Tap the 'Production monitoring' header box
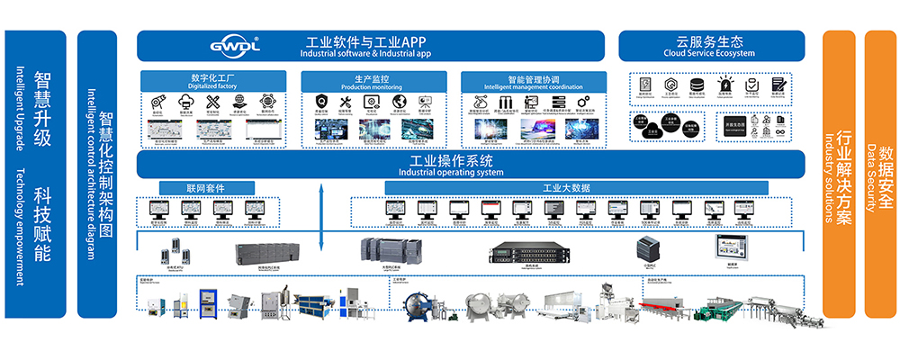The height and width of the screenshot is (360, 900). tap(372, 81)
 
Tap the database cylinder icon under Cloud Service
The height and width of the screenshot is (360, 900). tap(696, 85)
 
